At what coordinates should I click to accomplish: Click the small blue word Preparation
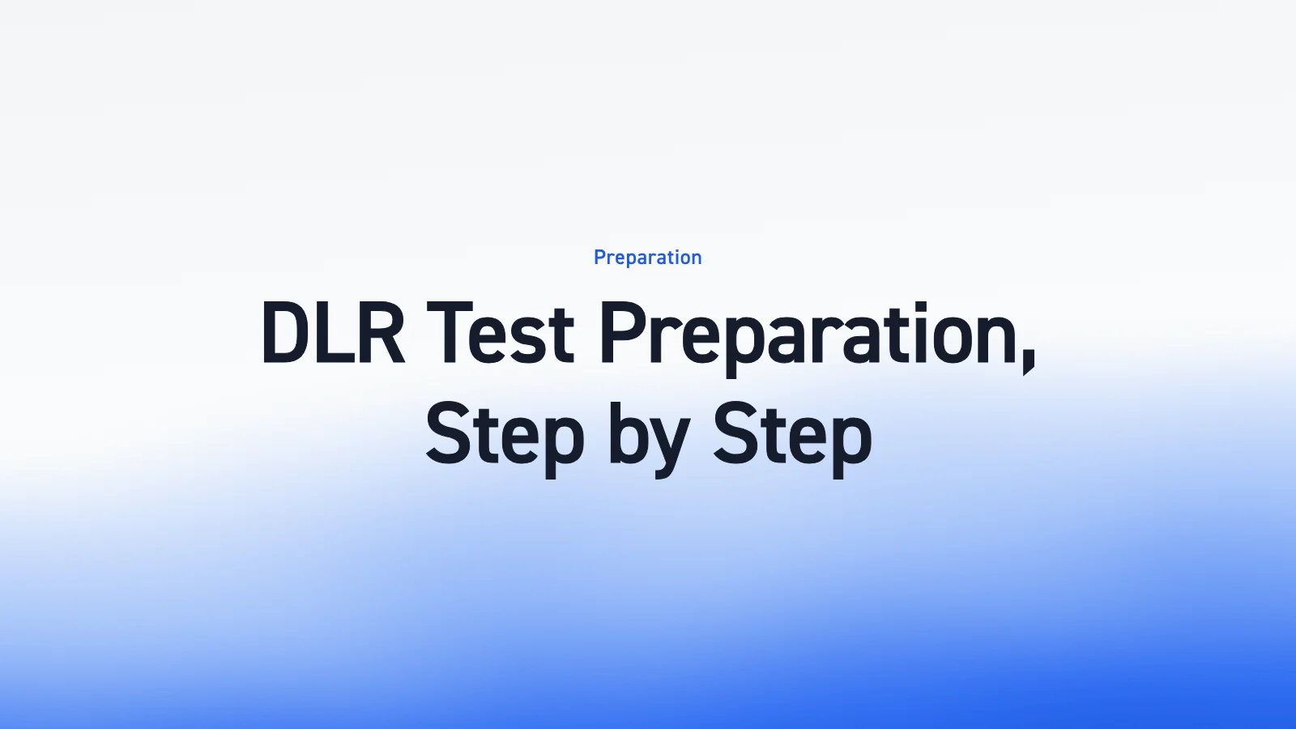(647, 258)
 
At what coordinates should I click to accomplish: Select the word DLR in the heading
(333, 333)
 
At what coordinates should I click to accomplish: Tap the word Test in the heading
(500, 333)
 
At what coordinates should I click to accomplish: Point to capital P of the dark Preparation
(625, 333)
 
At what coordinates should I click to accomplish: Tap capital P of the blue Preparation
(599, 258)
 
